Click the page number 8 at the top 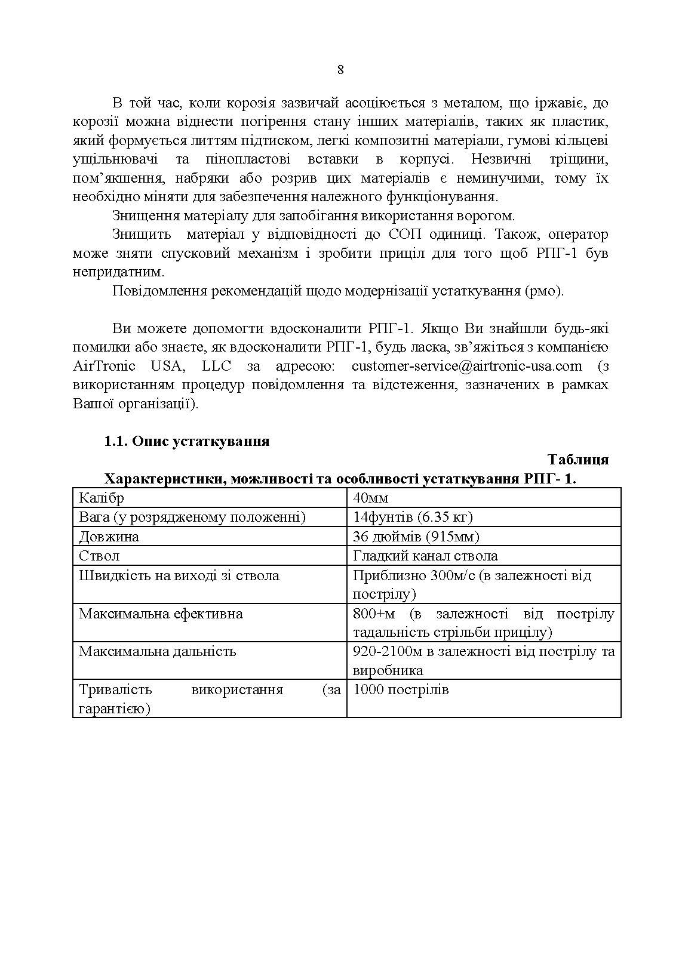(x=340, y=70)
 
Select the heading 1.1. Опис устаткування (x=187, y=441)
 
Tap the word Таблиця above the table (x=577, y=460)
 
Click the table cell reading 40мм (x=371, y=498)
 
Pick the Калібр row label (x=102, y=498)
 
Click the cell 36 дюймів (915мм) (x=416, y=537)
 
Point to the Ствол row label (x=99, y=556)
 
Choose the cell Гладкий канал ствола (x=425, y=556)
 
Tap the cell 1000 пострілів (x=401, y=690)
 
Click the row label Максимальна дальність (x=158, y=651)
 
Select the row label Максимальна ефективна (x=161, y=614)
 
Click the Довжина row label (x=109, y=537)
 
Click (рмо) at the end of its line (x=544, y=291)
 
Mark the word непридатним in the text (x=118, y=272)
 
